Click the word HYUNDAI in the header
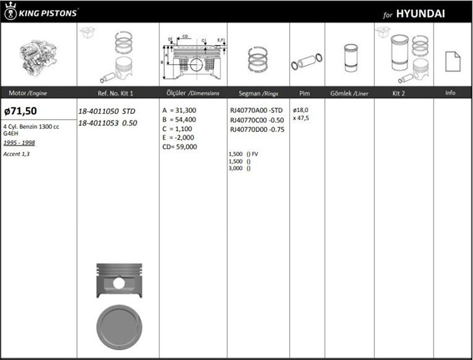[420, 14]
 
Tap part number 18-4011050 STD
[107, 111]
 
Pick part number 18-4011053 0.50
[107, 123]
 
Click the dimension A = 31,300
[180, 110]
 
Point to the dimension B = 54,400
[180, 119]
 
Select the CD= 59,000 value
[180, 147]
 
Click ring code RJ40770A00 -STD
[256, 110]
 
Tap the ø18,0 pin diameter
[301, 110]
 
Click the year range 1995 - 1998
[19, 143]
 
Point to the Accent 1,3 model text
[16, 154]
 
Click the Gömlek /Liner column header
[349, 93]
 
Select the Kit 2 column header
[398, 93]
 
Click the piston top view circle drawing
[119, 327]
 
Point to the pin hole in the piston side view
[119, 283]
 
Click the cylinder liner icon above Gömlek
[349, 58]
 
